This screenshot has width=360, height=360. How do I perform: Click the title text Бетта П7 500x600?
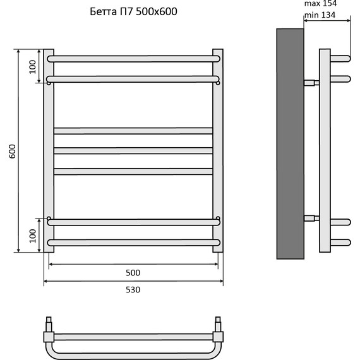click(x=133, y=12)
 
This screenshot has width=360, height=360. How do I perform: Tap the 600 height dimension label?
click(x=12, y=151)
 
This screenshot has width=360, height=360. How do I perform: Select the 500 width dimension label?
click(x=133, y=273)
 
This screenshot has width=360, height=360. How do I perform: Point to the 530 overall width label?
click(x=133, y=290)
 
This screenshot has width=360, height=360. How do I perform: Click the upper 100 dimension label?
click(x=33, y=67)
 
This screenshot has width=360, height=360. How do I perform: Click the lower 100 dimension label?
click(x=33, y=236)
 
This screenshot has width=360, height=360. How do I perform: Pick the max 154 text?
click(x=320, y=3)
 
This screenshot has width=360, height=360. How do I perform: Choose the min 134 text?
click(x=320, y=15)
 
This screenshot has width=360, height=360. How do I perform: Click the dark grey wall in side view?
click(x=290, y=144)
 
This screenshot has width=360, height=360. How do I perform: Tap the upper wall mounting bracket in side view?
click(x=311, y=83)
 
